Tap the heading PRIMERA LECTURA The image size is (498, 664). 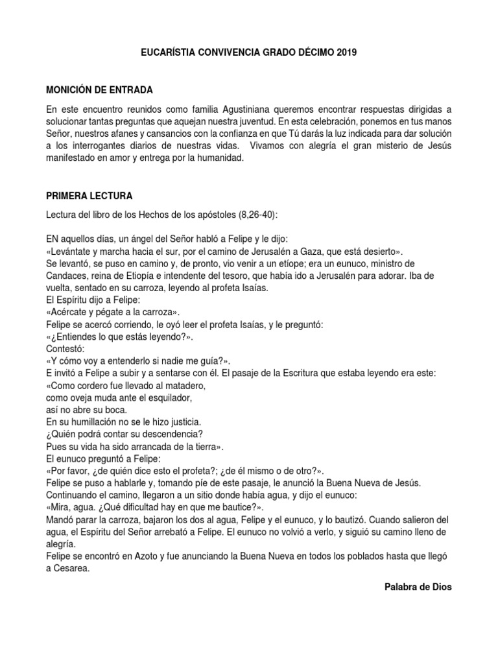89,195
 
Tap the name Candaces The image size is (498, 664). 67,275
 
